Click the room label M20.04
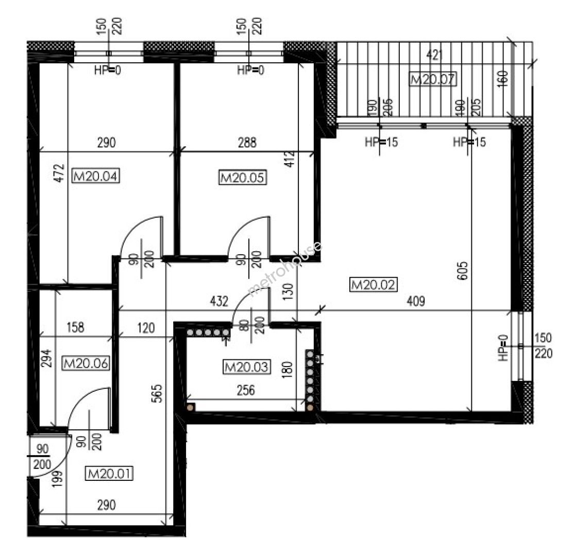pyautogui.click(x=96, y=176)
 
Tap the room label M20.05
pyautogui.click(x=242, y=178)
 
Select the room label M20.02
pyautogui.click(x=374, y=285)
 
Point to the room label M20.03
pyautogui.click(x=247, y=367)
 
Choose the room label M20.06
pyautogui.click(x=86, y=363)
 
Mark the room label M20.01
pyautogui.click(x=109, y=474)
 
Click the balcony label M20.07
pyautogui.click(x=433, y=79)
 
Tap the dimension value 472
pyautogui.click(x=59, y=172)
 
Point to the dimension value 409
pyautogui.click(x=416, y=301)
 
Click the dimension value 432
pyautogui.click(x=219, y=301)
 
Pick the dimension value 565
pyautogui.click(x=157, y=394)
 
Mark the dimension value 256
pyautogui.click(x=246, y=390)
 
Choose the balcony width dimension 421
pyautogui.click(x=435, y=55)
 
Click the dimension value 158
pyautogui.click(x=75, y=327)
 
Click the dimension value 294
pyautogui.click(x=46, y=358)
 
